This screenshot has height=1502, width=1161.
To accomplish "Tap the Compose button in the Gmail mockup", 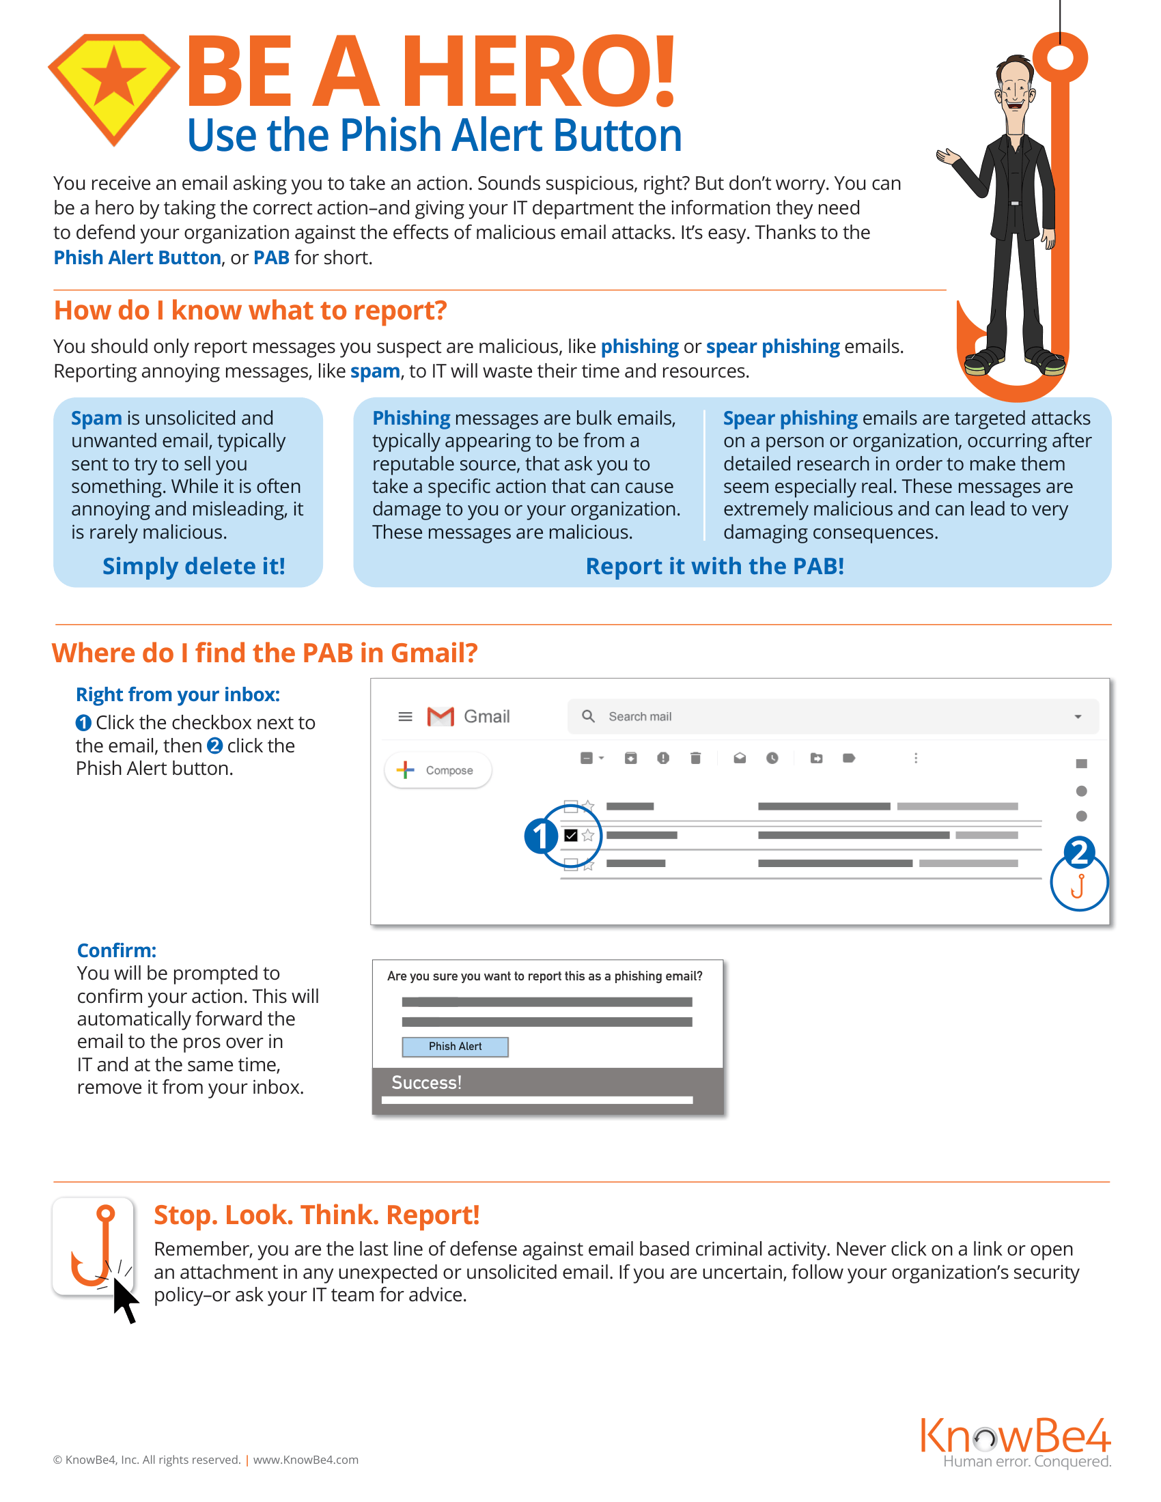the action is click(438, 770).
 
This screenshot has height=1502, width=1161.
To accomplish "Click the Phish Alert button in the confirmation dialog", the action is click(456, 1046).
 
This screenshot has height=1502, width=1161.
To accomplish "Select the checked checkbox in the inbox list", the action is click(570, 835).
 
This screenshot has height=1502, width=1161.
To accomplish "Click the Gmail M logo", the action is click(441, 717).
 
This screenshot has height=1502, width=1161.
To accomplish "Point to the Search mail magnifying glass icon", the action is click(588, 716).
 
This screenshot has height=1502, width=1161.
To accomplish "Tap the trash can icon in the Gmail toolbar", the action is click(695, 758).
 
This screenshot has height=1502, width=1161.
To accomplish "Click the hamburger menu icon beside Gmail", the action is click(405, 717).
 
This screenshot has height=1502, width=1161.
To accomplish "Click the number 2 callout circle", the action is click(1079, 852).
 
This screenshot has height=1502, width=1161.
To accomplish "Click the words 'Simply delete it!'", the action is click(194, 566).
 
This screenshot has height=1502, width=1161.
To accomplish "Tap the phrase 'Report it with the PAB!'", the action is click(714, 566).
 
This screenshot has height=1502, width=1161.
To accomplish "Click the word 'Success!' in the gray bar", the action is click(426, 1083).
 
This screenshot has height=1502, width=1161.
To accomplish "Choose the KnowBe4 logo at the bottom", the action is click(1016, 1441).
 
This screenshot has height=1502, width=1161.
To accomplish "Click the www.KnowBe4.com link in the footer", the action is click(305, 1460).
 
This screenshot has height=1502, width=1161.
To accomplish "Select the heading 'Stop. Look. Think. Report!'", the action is click(316, 1215).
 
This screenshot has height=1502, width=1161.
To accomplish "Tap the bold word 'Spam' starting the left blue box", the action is click(96, 418).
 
